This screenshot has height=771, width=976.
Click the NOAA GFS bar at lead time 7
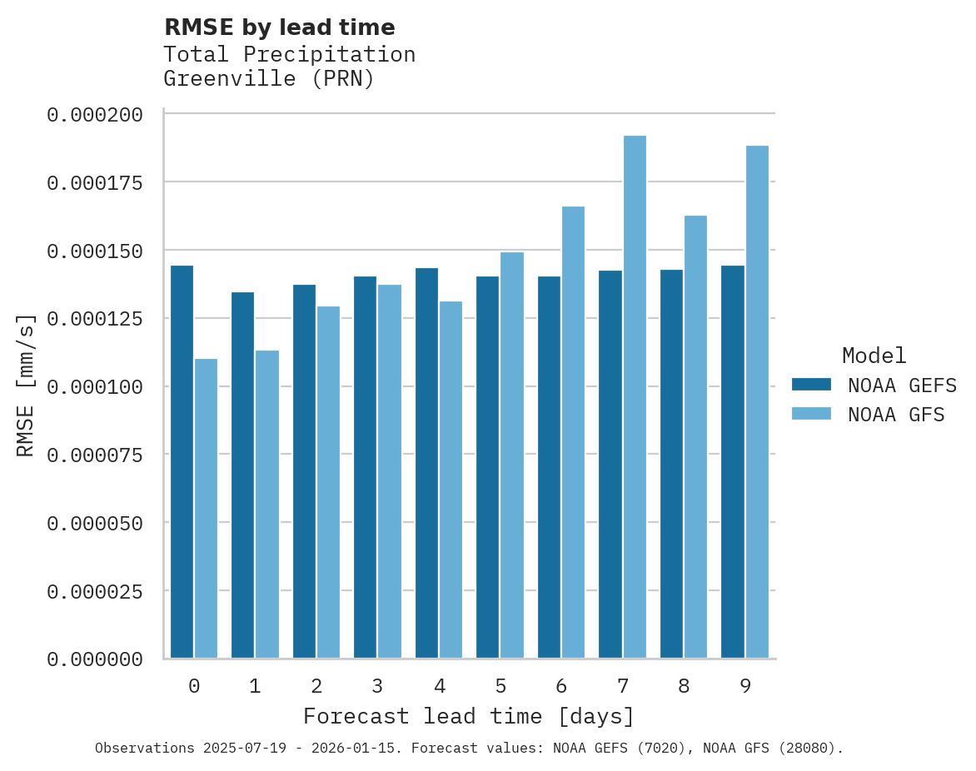635,397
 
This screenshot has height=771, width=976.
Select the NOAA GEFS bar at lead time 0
182,462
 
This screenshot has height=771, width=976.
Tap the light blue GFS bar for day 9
757,402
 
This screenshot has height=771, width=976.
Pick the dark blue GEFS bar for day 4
426,463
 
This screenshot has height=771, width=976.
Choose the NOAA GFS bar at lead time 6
573,432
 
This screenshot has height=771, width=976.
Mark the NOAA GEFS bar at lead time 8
671,464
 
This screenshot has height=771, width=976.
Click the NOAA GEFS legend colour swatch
811,385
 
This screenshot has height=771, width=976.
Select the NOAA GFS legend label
896,415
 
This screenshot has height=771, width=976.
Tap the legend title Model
874,356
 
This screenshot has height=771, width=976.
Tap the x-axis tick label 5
500,686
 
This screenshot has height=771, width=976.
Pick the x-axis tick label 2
316,686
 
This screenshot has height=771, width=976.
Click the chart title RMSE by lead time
279,27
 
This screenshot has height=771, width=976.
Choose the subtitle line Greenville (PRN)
269,79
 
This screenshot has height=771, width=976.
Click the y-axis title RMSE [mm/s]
26,385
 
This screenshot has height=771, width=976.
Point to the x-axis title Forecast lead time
468,716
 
